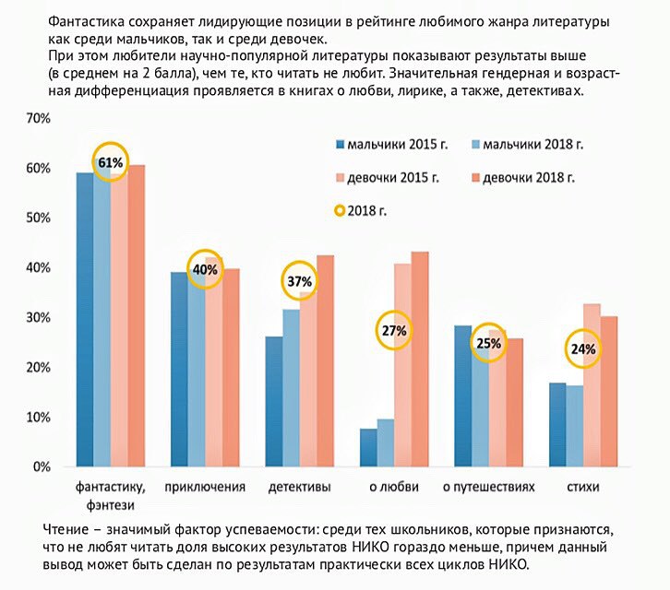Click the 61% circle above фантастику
tap(109, 162)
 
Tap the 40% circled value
tap(204, 269)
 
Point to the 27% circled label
tap(393, 331)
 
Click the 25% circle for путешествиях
tap(488, 344)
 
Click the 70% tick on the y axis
tap(37, 119)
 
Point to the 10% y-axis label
tap(37, 418)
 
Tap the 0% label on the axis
tap(41, 467)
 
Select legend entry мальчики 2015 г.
tap(396, 145)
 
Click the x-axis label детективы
tap(299, 487)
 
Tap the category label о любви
tap(394, 487)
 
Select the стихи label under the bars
tap(583, 487)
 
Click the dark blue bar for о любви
tap(367, 448)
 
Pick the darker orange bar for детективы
tap(325, 361)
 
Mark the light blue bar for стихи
tap(574, 426)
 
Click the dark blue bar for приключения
tap(178, 370)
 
